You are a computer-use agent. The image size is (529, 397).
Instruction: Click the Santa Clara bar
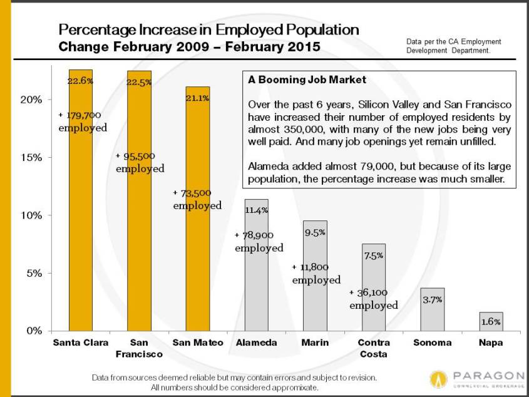click(x=81, y=200)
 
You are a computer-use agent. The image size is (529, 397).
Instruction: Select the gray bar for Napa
click(x=491, y=321)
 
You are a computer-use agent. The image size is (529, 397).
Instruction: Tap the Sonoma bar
click(x=433, y=309)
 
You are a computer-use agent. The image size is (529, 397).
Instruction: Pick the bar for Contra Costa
click(x=374, y=287)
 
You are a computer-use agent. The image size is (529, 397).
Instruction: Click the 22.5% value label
click(x=139, y=83)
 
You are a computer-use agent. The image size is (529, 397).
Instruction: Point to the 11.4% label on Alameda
click(x=257, y=210)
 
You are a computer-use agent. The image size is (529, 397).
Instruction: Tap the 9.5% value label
click(x=315, y=232)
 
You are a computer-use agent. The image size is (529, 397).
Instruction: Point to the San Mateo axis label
click(x=198, y=343)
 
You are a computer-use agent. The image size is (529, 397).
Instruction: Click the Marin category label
click(x=315, y=343)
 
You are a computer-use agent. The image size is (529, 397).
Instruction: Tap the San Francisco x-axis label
click(x=139, y=348)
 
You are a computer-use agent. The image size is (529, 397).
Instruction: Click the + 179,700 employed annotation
click(x=83, y=121)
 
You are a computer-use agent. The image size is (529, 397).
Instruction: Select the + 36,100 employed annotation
click(x=374, y=299)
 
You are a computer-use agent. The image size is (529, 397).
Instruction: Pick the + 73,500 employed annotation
click(x=197, y=199)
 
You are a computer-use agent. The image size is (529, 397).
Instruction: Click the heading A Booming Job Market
click(x=307, y=80)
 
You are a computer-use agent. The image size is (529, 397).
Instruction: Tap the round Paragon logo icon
click(x=438, y=379)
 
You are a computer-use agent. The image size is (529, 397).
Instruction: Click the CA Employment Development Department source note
click(x=454, y=46)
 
